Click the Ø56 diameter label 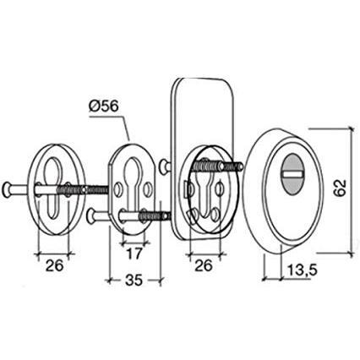pos(106,107)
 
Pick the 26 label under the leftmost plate pos(52,265)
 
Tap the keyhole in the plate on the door pos(205,189)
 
